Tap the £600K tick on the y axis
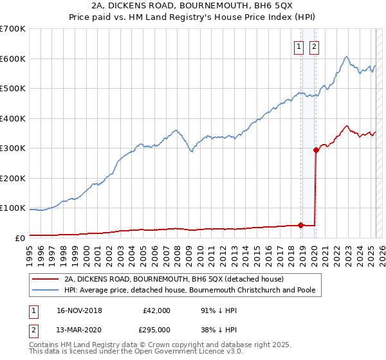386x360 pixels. pyautogui.click(x=13, y=59)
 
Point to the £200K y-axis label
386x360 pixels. pyautogui.click(x=13, y=178)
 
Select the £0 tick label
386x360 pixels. pyautogui.click(x=19, y=238)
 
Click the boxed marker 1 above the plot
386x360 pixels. pyautogui.click(x=300, y=46)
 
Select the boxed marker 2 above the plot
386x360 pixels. pyautogui.click(x=315, y=46)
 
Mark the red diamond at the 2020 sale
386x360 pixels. pyautogui.click(x=316, y=150)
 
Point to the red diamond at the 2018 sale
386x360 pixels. pyautogui.click(x=300, y=226)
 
